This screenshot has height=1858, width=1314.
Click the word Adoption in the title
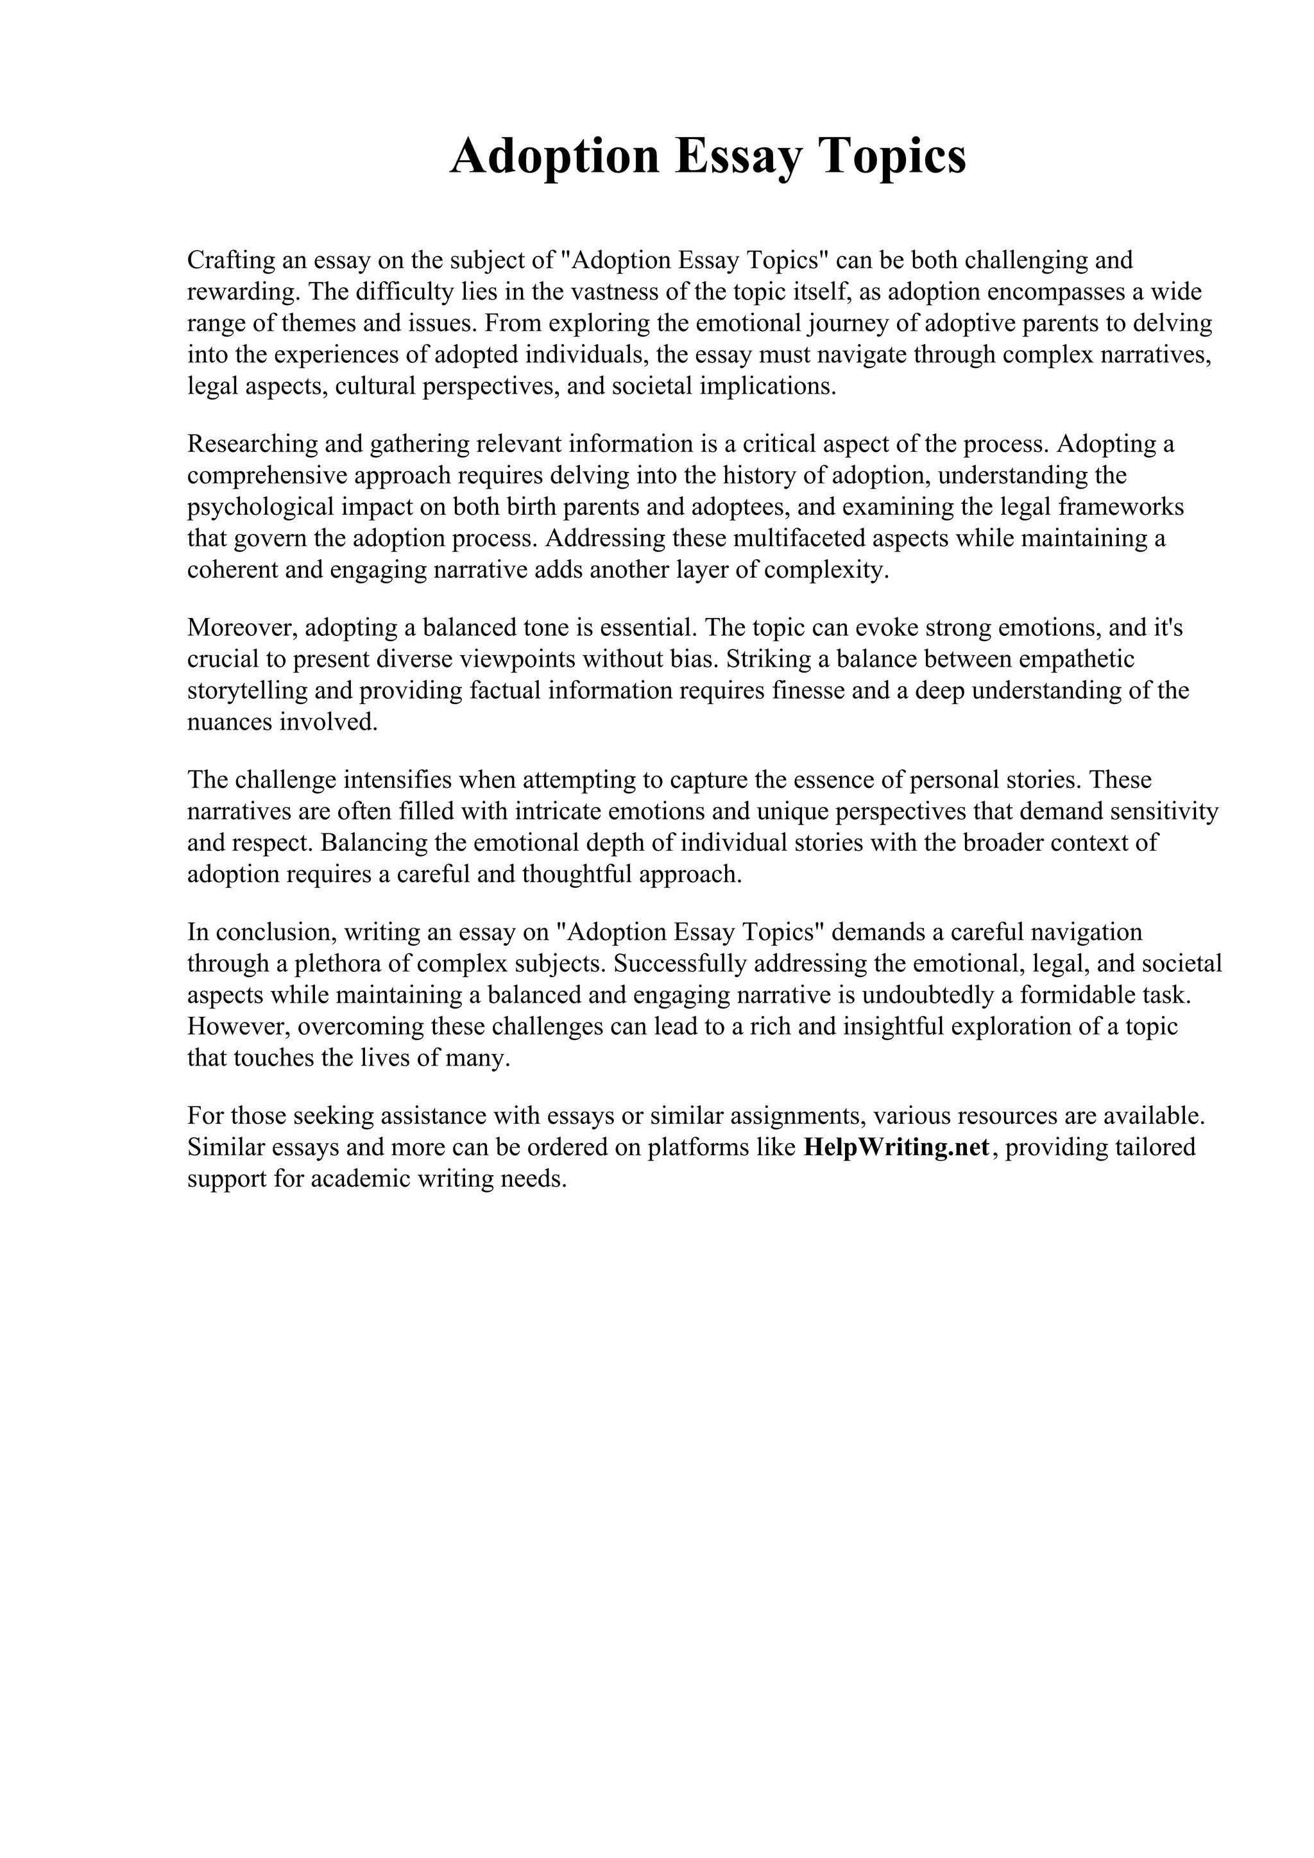[x=554, y=156]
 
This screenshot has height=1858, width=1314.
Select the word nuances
[x=229, y=723]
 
